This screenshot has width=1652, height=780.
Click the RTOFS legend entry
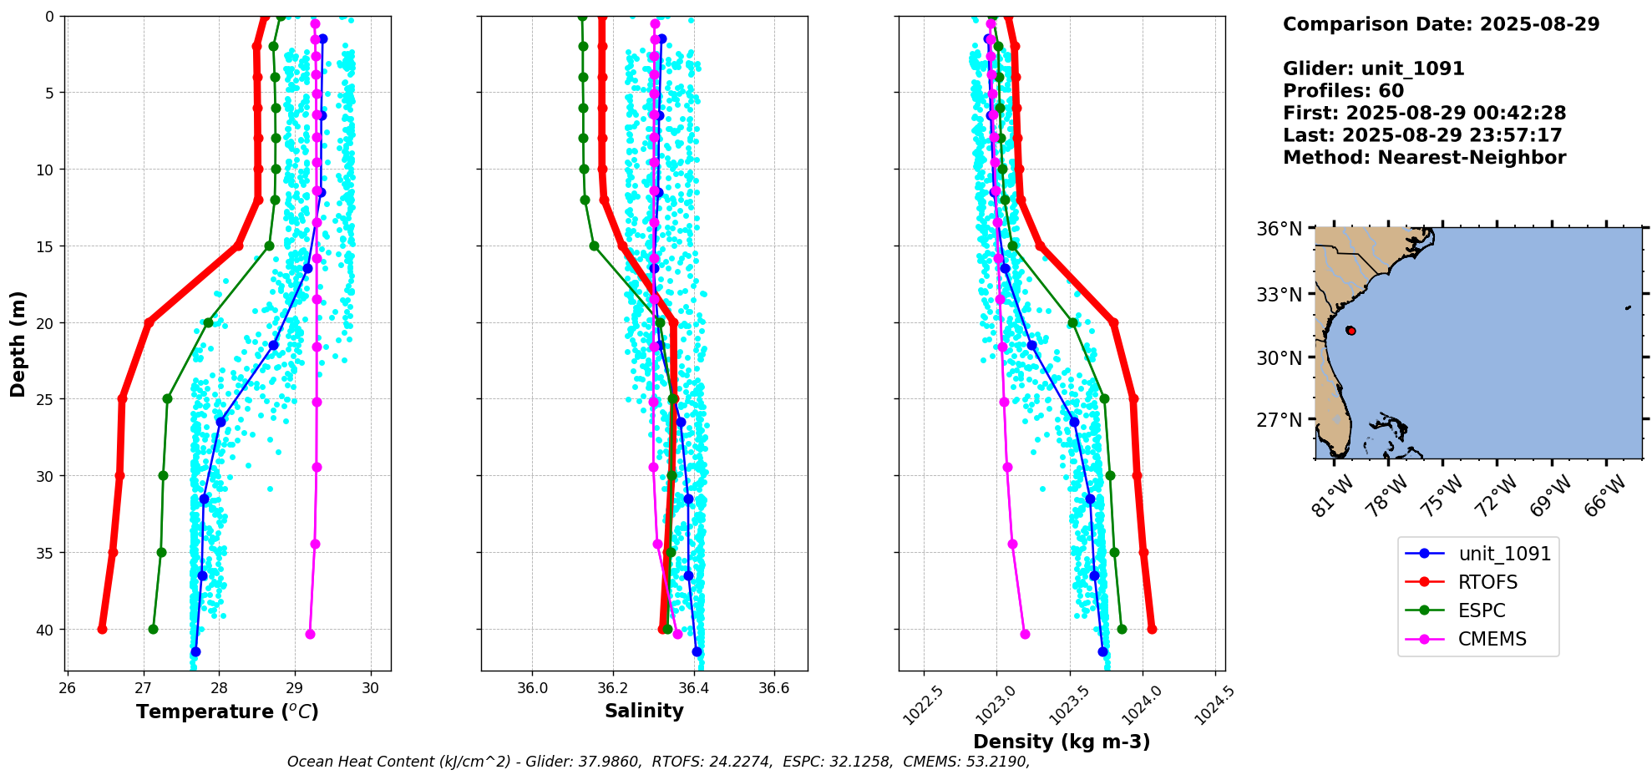tap(1487, 582)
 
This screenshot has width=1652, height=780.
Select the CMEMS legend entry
tap(1492, 639)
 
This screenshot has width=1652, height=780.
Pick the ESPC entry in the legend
tap(1482, 610)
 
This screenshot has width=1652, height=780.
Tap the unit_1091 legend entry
tap(1504, 554)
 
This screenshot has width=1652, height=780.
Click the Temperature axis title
tap(227, 712)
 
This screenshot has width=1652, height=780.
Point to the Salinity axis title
tap(644, 711)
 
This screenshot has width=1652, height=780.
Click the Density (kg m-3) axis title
tap(1062, 742)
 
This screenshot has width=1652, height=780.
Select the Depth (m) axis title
tap(18, 344)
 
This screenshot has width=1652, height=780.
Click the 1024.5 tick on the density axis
tap(1214, 704)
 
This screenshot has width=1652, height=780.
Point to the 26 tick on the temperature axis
tap(68, 688)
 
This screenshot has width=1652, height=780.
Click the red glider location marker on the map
tap(1350, 331)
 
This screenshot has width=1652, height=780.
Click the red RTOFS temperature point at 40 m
tap(102, 629)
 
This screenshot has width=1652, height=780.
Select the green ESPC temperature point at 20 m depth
tap(208, 322)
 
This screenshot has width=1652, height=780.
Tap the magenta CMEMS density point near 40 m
tap(1025, 634)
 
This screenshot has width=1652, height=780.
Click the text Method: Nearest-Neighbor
tap(1424, 158)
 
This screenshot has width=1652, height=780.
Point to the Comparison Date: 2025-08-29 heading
tap(1441, 24)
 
